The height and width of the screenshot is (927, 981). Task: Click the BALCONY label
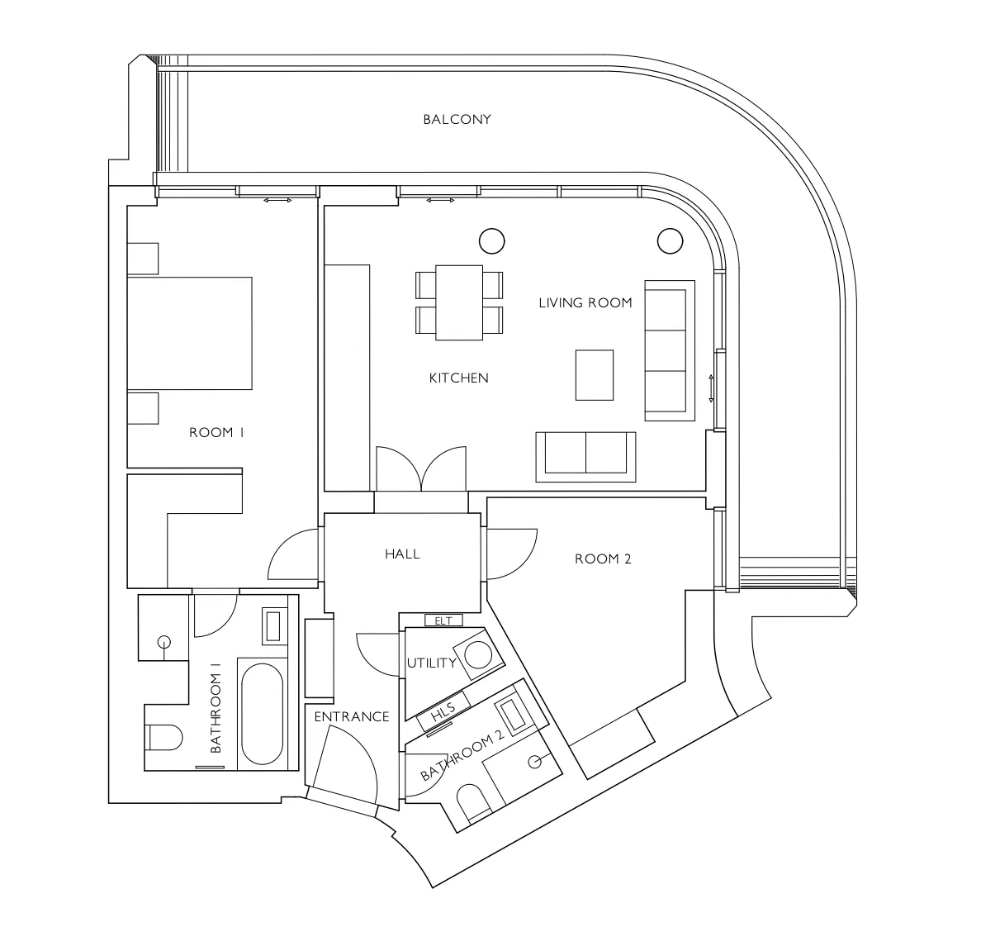click(457, 119)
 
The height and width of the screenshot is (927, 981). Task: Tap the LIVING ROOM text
click(585, 303)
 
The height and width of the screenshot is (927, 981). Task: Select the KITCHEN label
click(458, 378)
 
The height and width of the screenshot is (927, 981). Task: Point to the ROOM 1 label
click(216, 432)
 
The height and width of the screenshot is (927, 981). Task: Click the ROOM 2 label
click(603, 559)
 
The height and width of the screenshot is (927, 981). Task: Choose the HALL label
click(402, 554)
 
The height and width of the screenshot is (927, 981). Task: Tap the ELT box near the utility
click(443, 620)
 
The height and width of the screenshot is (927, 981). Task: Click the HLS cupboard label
click(443, 712)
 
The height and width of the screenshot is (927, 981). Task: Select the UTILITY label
click(431, 663)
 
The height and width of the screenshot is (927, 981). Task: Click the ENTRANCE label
click(351, 717)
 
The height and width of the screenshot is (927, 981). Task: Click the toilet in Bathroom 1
click(163, 737)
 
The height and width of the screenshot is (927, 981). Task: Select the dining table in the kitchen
click(459, 302)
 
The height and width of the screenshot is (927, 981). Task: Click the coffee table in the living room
click(595, 374)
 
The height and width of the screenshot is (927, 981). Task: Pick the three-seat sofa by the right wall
click(670, 350)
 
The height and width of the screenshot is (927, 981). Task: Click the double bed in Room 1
click(190, 333)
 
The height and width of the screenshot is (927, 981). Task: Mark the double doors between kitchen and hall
click(421, 469)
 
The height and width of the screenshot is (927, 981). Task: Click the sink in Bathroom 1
click(272, 625)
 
